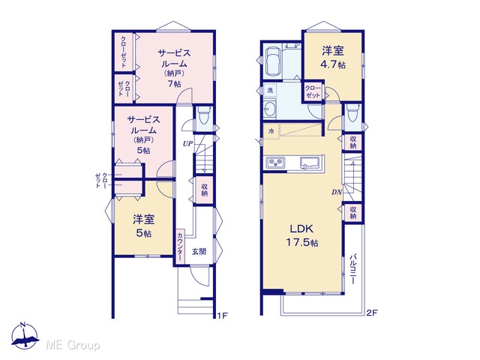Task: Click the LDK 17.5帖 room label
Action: (302, 235)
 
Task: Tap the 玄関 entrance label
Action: (199, 252)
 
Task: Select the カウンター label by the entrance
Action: (180, 247)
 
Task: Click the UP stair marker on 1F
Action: (188, 143)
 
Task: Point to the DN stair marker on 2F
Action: (337, 192)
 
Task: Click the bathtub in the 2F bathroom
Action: (273, 62)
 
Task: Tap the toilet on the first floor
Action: (202, 115)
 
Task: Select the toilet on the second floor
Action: (352, 112)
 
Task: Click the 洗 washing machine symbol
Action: (270, 90)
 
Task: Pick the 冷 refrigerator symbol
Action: (271, 131)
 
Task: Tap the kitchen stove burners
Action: (275, 163)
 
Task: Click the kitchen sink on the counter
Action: (310, 162)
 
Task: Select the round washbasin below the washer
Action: (270, 108)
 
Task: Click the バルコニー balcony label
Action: (353, 268)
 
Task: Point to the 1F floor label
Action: (223, 315)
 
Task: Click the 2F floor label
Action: (372, 313)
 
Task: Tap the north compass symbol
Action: (25, 335)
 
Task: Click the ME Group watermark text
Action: (73, 346)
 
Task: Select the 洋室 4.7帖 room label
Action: (333, 58)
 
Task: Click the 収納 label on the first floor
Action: (205, 190)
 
